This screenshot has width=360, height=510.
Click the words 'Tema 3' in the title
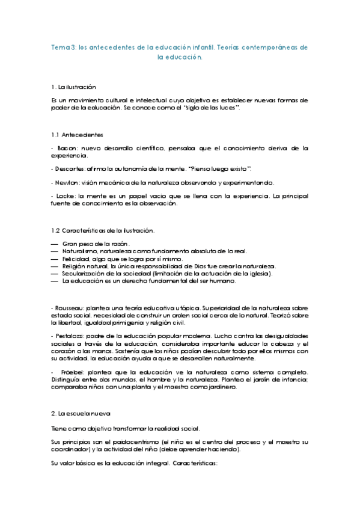[61, 47]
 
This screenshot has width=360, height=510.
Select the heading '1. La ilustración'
[74, 88]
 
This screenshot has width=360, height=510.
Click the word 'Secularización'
[85, 274]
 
